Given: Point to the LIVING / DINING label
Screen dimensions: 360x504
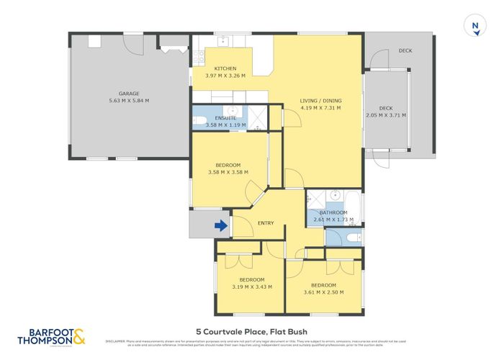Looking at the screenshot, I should coord(320,101).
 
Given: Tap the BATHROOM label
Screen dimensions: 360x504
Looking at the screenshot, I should coord(333,213).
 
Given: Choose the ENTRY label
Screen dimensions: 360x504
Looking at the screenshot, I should coord(266,223).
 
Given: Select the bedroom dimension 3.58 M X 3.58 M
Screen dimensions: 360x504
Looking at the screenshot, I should coord(228,172).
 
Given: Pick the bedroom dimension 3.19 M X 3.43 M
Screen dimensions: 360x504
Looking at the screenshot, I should coord(251,287).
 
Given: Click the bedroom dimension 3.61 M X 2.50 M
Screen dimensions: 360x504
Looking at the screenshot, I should coord(323,292).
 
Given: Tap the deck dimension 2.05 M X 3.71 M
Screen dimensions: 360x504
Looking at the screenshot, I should coord(386,114).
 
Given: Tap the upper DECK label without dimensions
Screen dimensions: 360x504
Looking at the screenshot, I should coord(405,50).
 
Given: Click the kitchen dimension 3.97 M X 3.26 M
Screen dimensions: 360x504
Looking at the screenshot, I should coord(225,76).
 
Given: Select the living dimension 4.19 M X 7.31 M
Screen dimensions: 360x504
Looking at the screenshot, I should coord(320,108).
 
